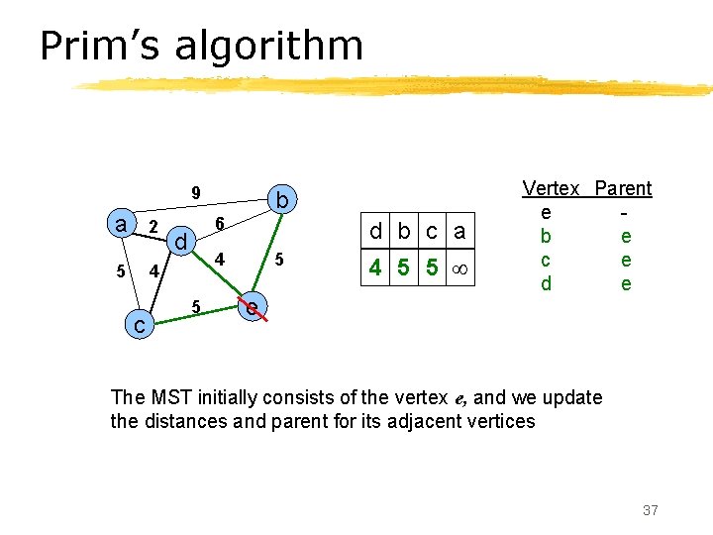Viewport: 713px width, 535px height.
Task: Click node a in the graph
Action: [x=121, y=225]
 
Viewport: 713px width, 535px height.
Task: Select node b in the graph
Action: [x=282, y=201]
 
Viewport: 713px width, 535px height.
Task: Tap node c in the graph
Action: [x=142, y=324]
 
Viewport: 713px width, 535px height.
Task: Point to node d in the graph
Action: [x=179, y=242]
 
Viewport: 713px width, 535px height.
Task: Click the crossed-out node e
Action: [x=254, y=308]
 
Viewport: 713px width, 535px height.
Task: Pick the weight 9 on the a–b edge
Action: [x=196, y=192]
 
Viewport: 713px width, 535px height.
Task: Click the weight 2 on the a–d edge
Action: [x=153, y=227]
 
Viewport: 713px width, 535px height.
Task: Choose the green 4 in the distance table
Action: [x=375, y=268]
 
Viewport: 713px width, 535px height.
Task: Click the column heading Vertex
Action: [x=551, y=188]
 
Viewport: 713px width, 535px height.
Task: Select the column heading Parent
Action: [x=623, y=188]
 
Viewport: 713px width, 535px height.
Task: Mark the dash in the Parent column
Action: [x=624, y=213]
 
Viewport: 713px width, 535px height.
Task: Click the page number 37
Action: [x=650, y=510]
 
